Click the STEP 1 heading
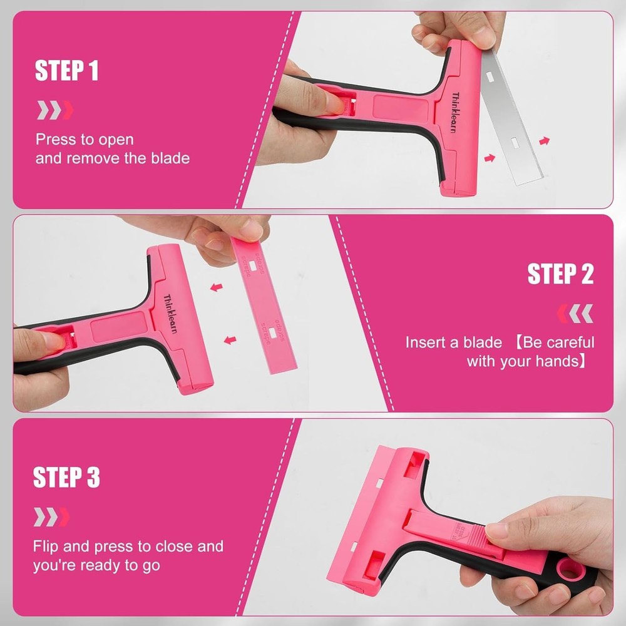click(66, 71)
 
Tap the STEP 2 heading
click(560, 274)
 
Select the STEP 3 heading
click(66, 478)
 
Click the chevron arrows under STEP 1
click(55, 110)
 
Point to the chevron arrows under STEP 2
click(575, 313)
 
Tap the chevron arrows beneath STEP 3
click(51, 517)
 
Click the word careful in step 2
click(567, 342)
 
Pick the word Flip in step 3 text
click(46, 546)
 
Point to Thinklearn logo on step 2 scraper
click(170, 314)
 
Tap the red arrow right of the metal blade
click(545, 141)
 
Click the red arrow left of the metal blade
click(490, 158)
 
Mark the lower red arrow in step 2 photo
click(230, 341)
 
